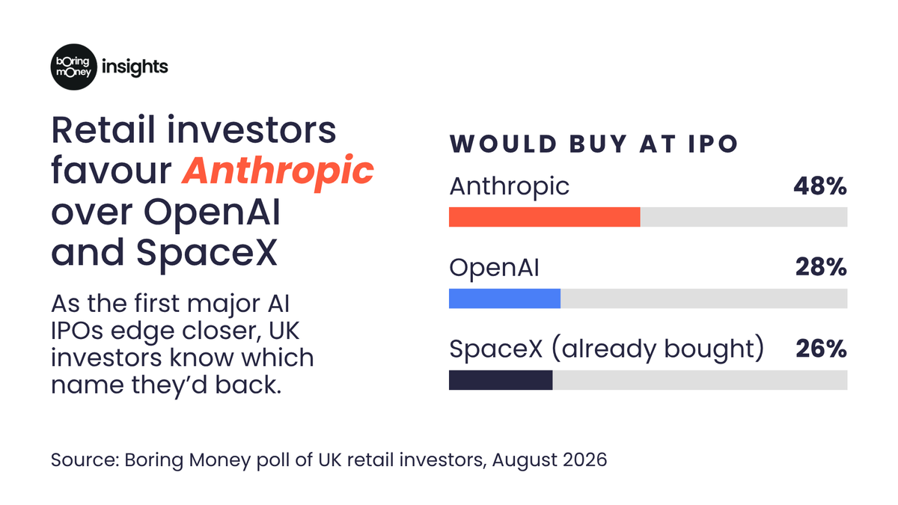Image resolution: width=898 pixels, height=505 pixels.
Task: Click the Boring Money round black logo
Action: click(74, 67)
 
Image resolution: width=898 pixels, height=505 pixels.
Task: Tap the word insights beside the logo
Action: click(135, 67)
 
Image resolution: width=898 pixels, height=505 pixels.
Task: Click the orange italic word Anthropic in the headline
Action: click(278, 171)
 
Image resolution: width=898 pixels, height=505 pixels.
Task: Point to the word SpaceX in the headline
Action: click(207, 253)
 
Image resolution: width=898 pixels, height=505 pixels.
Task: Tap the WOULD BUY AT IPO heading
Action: click(593, 144)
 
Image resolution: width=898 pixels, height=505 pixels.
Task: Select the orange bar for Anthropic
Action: click(545, 217)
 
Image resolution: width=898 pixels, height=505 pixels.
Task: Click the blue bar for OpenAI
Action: click(504, 299)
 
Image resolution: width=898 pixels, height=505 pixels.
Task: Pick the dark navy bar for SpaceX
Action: click(501, 380)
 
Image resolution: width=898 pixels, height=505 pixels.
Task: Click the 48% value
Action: click(820, 186)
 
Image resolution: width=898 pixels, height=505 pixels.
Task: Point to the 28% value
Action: click(821, 267)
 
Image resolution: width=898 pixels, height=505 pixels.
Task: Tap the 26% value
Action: click(821, 349)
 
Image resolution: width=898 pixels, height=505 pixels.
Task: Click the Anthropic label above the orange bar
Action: click(509, 187)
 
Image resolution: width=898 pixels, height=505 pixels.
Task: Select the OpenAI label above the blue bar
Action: click(495, 268)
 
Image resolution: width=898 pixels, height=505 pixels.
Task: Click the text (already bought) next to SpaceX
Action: click(658, 349)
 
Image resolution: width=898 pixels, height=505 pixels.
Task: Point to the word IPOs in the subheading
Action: click(77, 331)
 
